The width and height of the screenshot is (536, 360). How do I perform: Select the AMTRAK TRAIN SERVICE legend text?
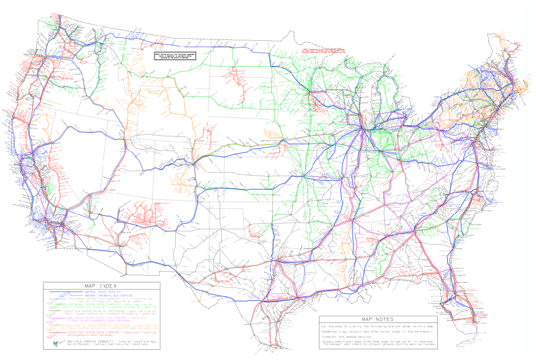coord(102,292)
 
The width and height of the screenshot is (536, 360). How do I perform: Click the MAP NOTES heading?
coord(377,319)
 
